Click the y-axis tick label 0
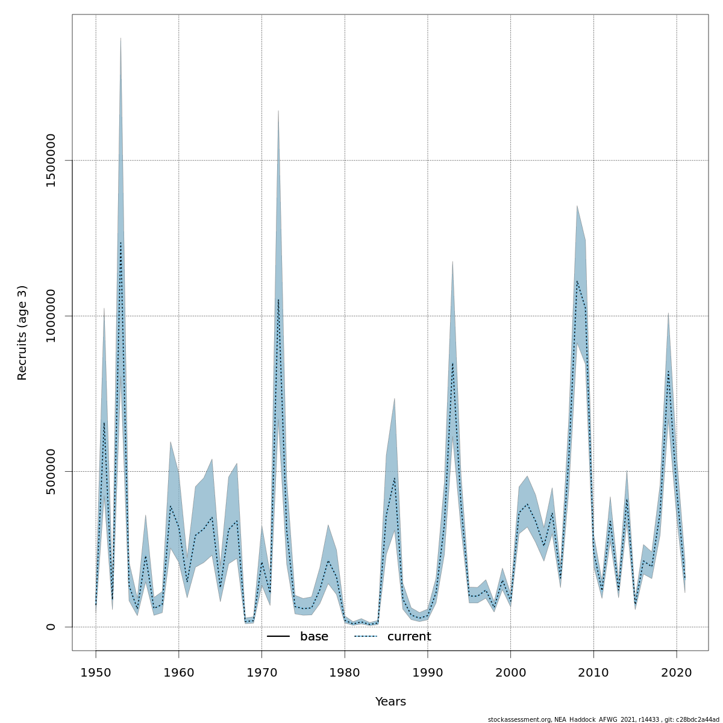[x=51, y=627]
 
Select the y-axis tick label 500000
[x=51, y=471]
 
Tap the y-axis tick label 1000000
[x=51, y=316]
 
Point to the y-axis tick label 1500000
[x=51, y=160]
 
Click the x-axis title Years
[x=390, y=702]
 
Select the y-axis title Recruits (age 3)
[x=22, y=333]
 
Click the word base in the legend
[x=314, y=637]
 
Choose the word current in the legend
[x=409, y=637]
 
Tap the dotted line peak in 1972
[x=278, y=299]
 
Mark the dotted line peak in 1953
[x=120, y=242]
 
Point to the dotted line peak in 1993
[x=452, y=363]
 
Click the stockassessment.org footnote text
[x=603, y=719]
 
